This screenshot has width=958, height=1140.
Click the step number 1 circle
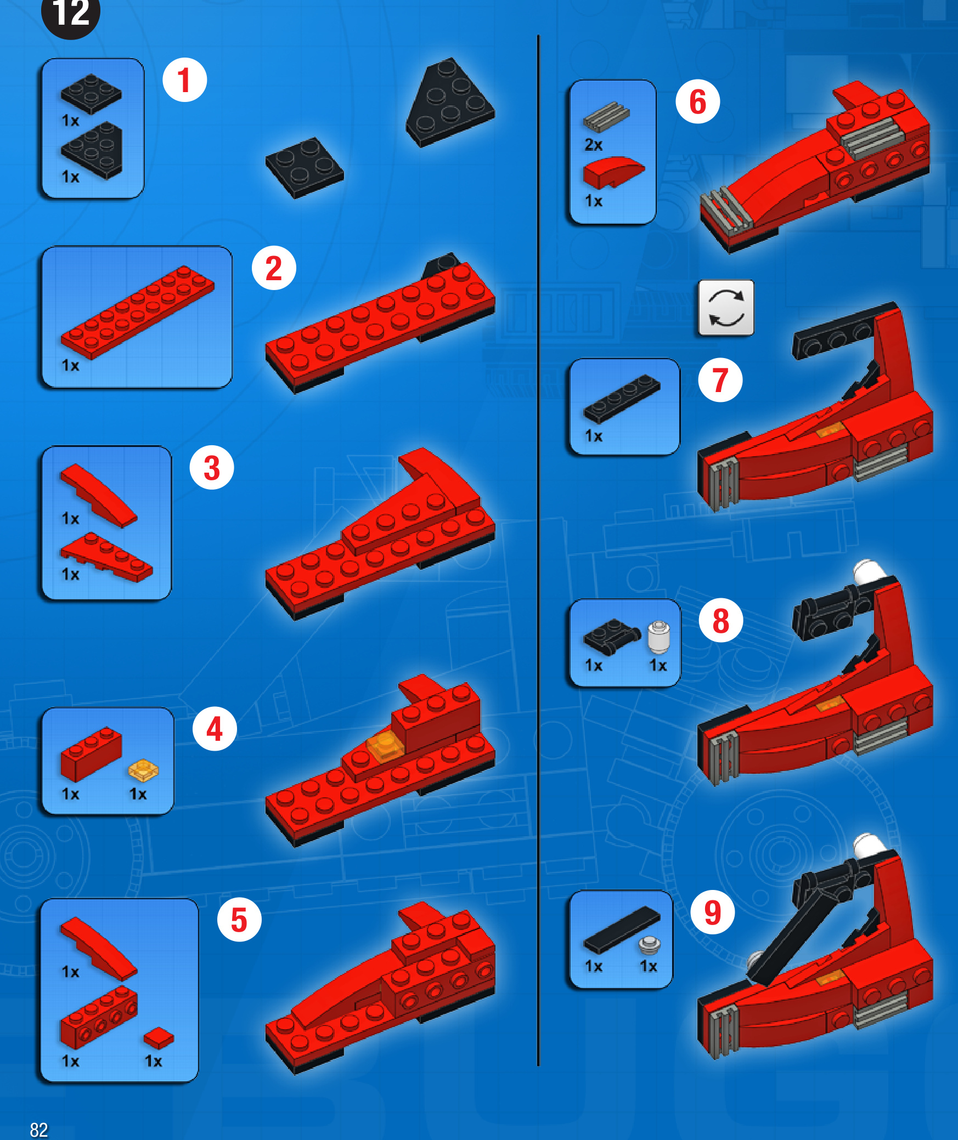click(x=184, y=80)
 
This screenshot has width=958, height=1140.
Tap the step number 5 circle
click(x=239, y=920)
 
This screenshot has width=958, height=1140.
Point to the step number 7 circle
click(x=720, y=380)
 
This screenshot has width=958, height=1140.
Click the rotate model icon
click(x=726, y=308)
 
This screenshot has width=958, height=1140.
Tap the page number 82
click(x=39, y=1130)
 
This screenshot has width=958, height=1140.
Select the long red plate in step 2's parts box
click(x=137, y=312)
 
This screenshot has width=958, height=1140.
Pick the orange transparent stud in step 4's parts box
click(x=143, y=770)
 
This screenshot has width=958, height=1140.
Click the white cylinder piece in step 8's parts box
click(x=658, y=637)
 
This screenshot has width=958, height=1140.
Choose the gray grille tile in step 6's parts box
click(x=606, y=116)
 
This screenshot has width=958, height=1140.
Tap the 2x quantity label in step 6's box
click(x=593, y=145)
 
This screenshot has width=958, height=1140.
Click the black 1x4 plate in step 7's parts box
click(x=622, y=399)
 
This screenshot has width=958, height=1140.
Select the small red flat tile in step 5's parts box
click(x=159, y=1037)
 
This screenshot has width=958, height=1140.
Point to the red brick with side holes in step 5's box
click(x=99, y=1017)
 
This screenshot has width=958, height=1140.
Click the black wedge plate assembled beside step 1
click(x=450, y=103)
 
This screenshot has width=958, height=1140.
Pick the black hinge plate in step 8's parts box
click(x=611, y=637)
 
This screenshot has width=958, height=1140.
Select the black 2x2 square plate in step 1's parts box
click(x=91, y=94)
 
